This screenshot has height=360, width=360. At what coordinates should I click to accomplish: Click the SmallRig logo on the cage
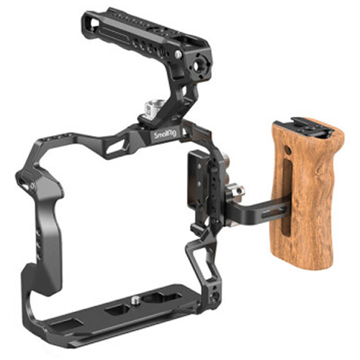(x=166, y=135)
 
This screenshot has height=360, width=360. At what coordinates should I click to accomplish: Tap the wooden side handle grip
(x=308, y=194)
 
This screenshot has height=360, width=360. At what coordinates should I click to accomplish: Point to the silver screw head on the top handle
(x=178, y=54)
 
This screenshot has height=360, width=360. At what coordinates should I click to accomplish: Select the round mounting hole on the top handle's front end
(x=199, y=65)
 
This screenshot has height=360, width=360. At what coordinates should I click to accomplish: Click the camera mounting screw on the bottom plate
(x=135, y=300)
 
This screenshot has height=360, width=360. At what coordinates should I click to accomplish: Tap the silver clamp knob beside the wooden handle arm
(x=235, y=192)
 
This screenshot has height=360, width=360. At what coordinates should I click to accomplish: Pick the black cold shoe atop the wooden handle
(x=312, y=127)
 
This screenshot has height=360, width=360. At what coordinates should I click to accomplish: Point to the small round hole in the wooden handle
(x=288, y=150)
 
